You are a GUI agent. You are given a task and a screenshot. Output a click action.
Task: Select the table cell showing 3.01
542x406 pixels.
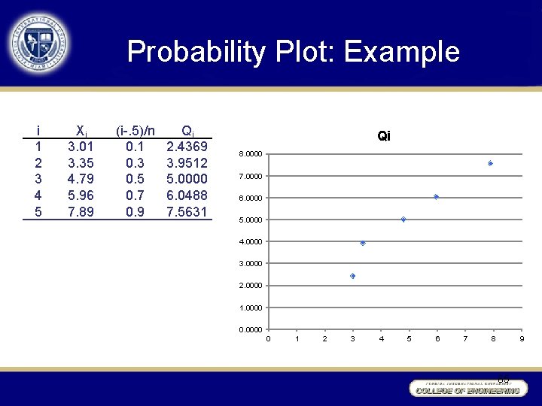[x=81, y=146]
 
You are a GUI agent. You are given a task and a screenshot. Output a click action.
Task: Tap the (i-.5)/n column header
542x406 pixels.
[x=135, y=130]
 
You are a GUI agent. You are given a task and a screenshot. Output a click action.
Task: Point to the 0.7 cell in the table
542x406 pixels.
[x=135, y=195]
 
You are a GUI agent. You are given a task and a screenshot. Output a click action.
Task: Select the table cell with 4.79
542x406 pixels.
[x=81, y=179]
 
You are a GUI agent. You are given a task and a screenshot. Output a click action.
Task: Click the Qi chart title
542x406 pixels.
[x=384, y=136]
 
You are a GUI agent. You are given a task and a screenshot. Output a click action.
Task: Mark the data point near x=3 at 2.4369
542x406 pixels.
[x=352, y=276]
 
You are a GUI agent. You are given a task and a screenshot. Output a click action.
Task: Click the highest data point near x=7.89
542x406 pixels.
[x=490, y=163]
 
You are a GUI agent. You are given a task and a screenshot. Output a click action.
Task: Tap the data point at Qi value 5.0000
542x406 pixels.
[x=403, y=220]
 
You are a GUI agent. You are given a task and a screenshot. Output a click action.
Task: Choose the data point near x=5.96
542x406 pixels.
[x=436, y=197]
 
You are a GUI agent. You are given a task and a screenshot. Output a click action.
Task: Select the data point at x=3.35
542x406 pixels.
[x=363, y=243]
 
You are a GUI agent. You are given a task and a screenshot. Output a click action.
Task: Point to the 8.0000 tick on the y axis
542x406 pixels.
[x=251, y=154]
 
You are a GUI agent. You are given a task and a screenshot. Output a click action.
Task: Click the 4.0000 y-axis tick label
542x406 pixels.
[x=251, y=242]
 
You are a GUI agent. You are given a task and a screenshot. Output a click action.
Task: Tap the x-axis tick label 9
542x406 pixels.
[x=522, y=339]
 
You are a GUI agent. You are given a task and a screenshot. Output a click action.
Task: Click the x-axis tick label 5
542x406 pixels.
[x=409, y=339]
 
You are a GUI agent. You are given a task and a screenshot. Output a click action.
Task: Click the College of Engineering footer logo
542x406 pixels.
[x=467, y=388]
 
